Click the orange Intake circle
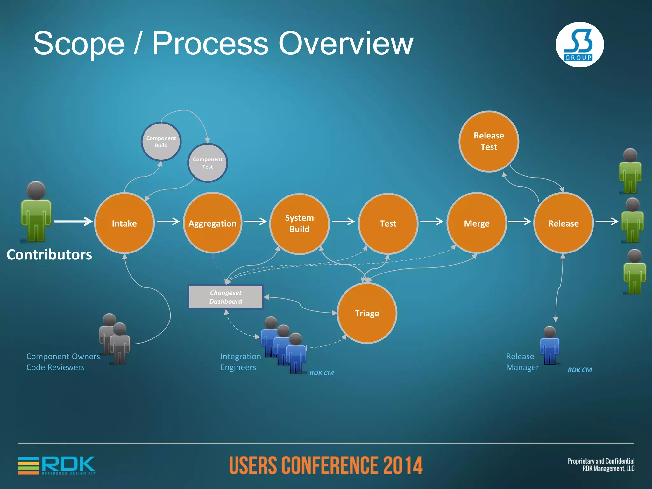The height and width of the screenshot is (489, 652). [x=124, y=223]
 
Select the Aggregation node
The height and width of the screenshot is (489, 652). [x=212, y=223]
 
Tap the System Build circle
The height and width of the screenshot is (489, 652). [x=299, y=223]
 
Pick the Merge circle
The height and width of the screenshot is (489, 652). [x=477, y=223]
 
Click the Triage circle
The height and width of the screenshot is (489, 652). [x=367, y=313]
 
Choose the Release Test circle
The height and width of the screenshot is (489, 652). [x=489, y=141]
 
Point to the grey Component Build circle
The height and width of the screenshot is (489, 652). [x=161, y=142]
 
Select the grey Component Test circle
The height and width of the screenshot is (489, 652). [x=208, y=163]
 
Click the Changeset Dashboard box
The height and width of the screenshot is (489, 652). [x=226, y=297]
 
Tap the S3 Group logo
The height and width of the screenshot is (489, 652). [x=579, y=45]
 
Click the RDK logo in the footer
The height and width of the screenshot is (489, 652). [x=57, y=465]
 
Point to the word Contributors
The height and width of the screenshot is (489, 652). [x=49, y=255]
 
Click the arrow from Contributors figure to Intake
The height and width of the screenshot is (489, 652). [x=73, y=221]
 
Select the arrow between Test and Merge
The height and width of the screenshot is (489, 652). [x=432, y=221]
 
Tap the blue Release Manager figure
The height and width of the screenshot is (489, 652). [x=549, y=345]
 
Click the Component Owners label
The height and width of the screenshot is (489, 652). [x=63, y=357]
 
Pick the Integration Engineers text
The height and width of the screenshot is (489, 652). [x=241, y=362]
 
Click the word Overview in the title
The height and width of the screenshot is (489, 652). [x=346, y=44]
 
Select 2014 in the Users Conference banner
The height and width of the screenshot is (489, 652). [x=403, y=465]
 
